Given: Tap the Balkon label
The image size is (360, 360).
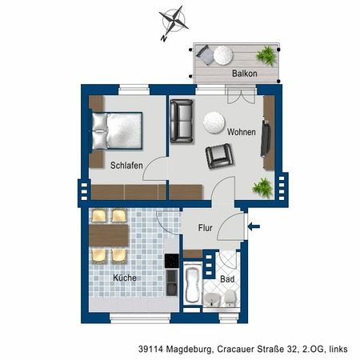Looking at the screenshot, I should [244, 74].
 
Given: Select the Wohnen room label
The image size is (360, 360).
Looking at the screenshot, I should [241, 132].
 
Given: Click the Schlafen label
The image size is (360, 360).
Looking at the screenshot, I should [126, 166].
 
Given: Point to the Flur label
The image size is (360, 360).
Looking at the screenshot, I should [205, 227].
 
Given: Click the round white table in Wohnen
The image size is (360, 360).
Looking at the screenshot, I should [213, 122].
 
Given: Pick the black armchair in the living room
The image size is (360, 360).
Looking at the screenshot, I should [218, 155].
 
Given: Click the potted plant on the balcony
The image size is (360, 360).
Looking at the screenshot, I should [266, 54].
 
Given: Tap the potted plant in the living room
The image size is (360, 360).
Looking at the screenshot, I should [261, 188].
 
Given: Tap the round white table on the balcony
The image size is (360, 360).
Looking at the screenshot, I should [222, 54].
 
